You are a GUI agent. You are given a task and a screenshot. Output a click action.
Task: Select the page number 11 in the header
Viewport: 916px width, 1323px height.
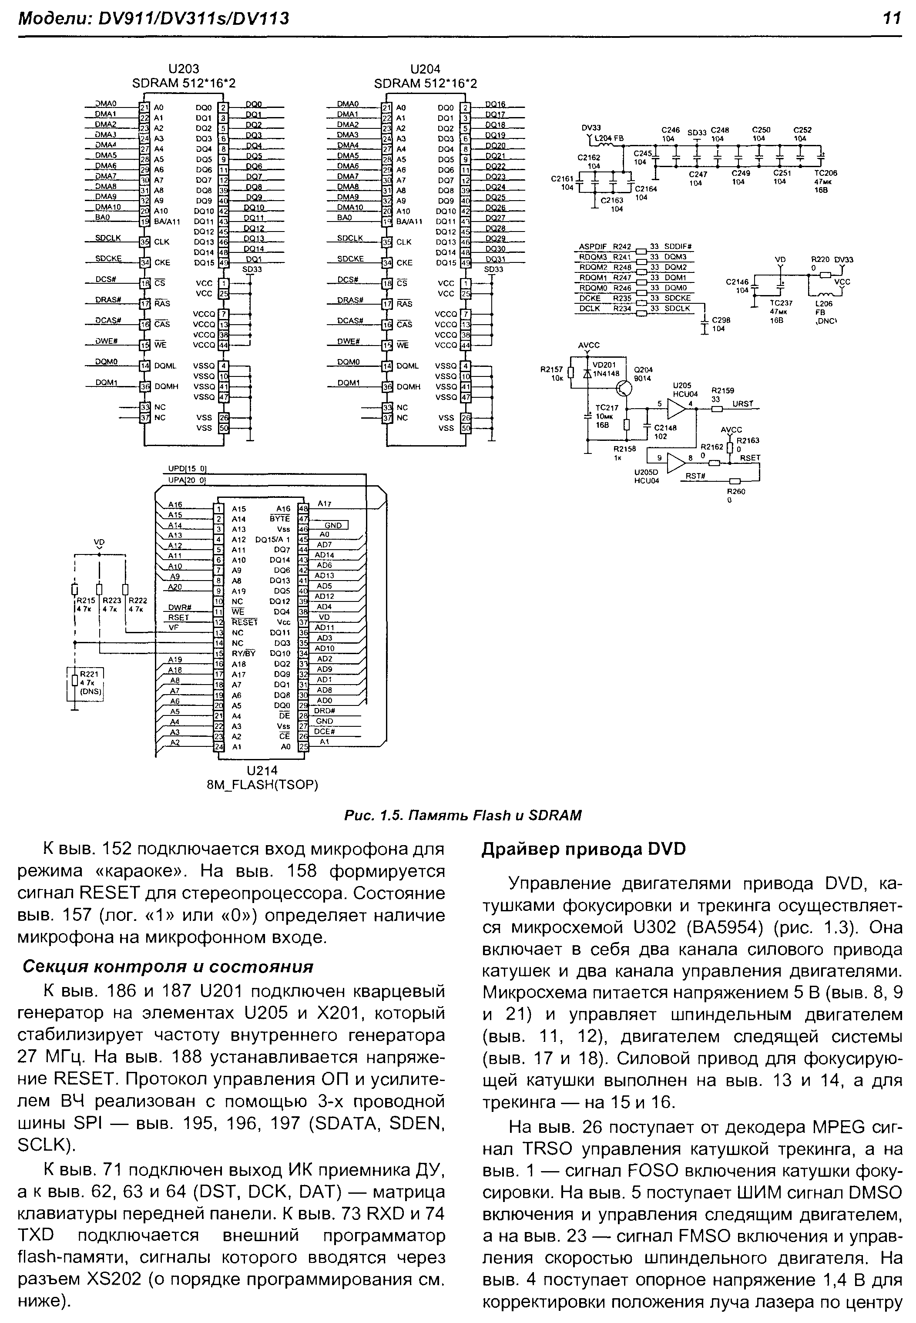click(891, 19)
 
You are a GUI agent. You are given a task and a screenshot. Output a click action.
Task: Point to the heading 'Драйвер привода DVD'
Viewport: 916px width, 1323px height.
click(584, 850)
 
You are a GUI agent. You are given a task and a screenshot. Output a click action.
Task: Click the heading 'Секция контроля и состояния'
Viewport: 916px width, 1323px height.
click(168, 967)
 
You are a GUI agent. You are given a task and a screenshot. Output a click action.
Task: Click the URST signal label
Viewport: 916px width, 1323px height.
click(743, 404)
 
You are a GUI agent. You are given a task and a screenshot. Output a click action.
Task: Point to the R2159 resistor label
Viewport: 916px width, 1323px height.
click(723, 390)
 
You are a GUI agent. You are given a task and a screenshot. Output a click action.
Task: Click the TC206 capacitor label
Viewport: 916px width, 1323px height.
click(825, 173)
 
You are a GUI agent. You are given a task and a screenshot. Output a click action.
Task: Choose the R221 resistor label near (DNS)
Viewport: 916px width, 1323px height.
click(89, 674)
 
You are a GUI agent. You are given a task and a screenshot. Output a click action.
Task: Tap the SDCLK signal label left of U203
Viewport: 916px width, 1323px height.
click(108, 238)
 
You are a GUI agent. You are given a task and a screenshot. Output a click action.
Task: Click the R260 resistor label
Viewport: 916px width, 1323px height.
click(735, 491)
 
